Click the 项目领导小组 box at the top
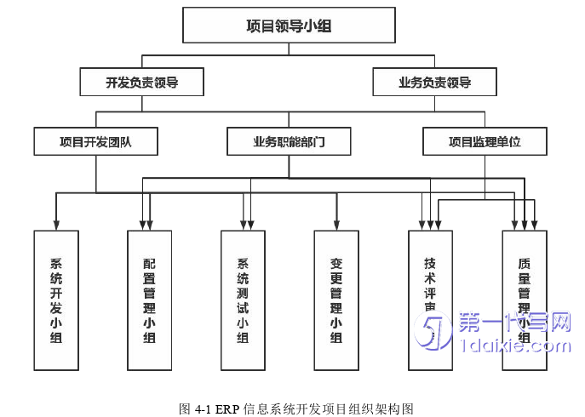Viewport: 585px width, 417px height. (289, 26)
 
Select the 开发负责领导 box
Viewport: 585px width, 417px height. (142, 83)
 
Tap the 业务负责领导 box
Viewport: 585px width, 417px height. (434, 83)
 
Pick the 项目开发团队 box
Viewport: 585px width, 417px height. (95, 142)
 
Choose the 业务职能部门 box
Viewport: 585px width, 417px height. (289, 142)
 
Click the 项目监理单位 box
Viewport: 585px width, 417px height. (485, 142)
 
